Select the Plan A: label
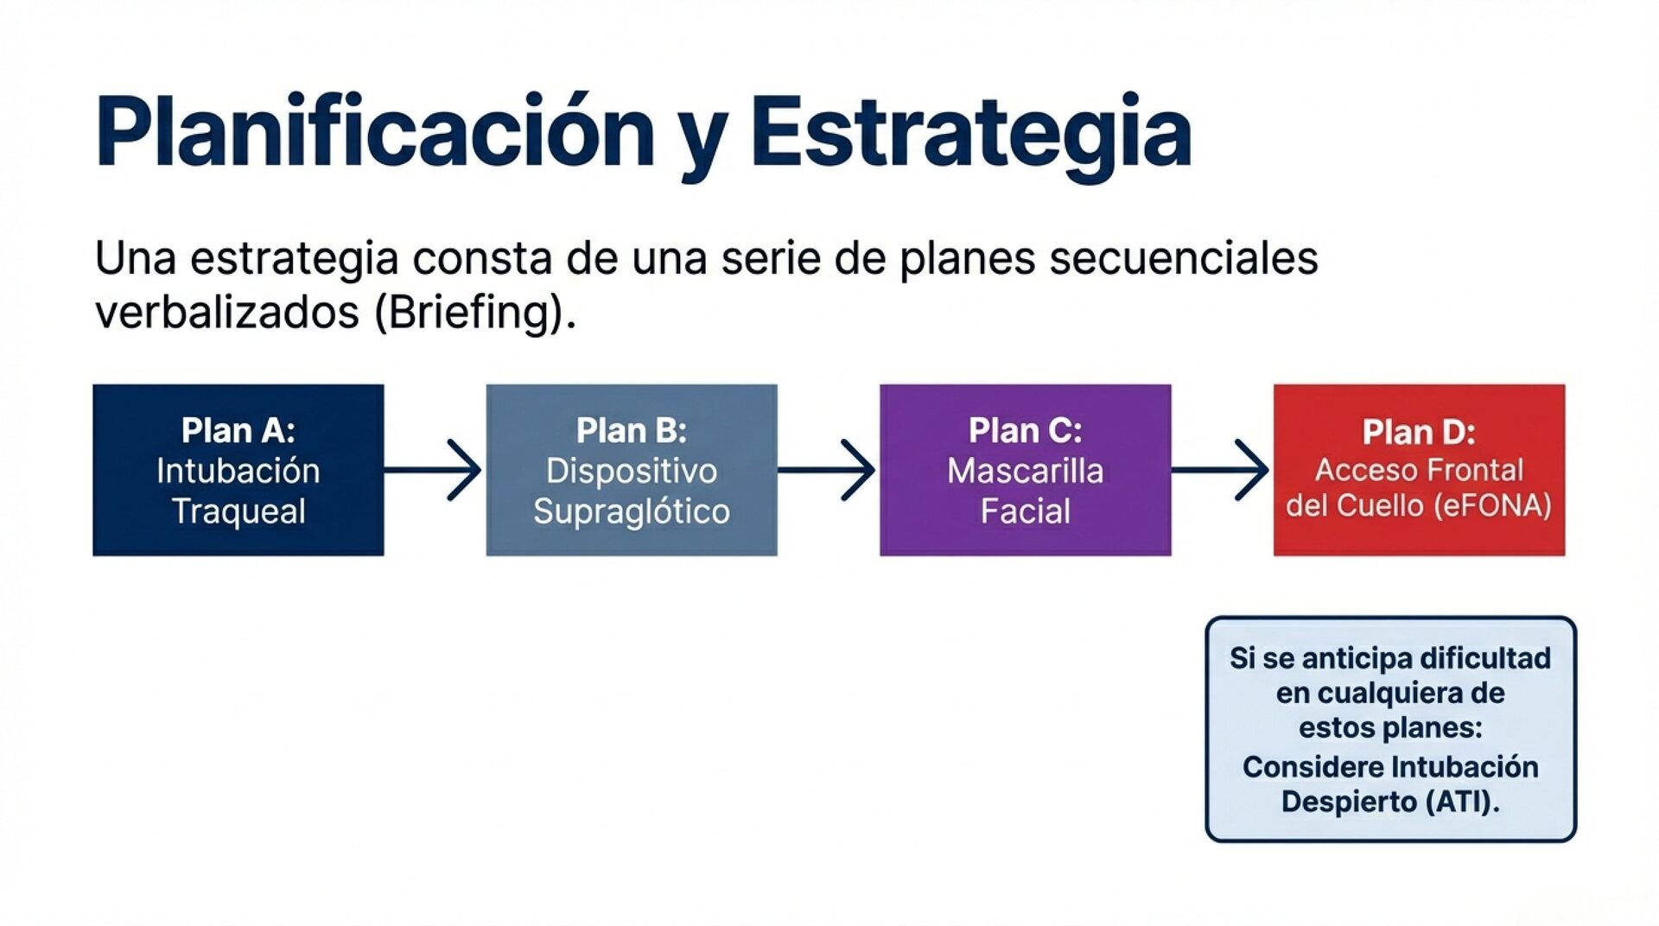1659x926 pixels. pos(238,430)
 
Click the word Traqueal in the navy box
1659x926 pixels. pos(238,511)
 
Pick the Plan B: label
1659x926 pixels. pos(631,430)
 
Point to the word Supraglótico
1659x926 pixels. pos(631,511)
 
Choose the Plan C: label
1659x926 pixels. pos(1025,430)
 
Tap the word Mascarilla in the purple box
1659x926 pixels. pos(1025,472)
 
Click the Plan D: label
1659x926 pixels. pos(1419,432)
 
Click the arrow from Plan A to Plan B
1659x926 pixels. pos(435,470)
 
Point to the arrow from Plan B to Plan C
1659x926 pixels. pos(828,470)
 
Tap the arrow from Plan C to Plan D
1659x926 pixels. pos(1222,470)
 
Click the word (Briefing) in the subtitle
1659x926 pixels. pos(472,312)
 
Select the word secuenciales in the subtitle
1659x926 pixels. pos(1184,258)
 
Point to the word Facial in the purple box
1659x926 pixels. pos(1025,511)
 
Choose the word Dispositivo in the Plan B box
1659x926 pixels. pos(631,472)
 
